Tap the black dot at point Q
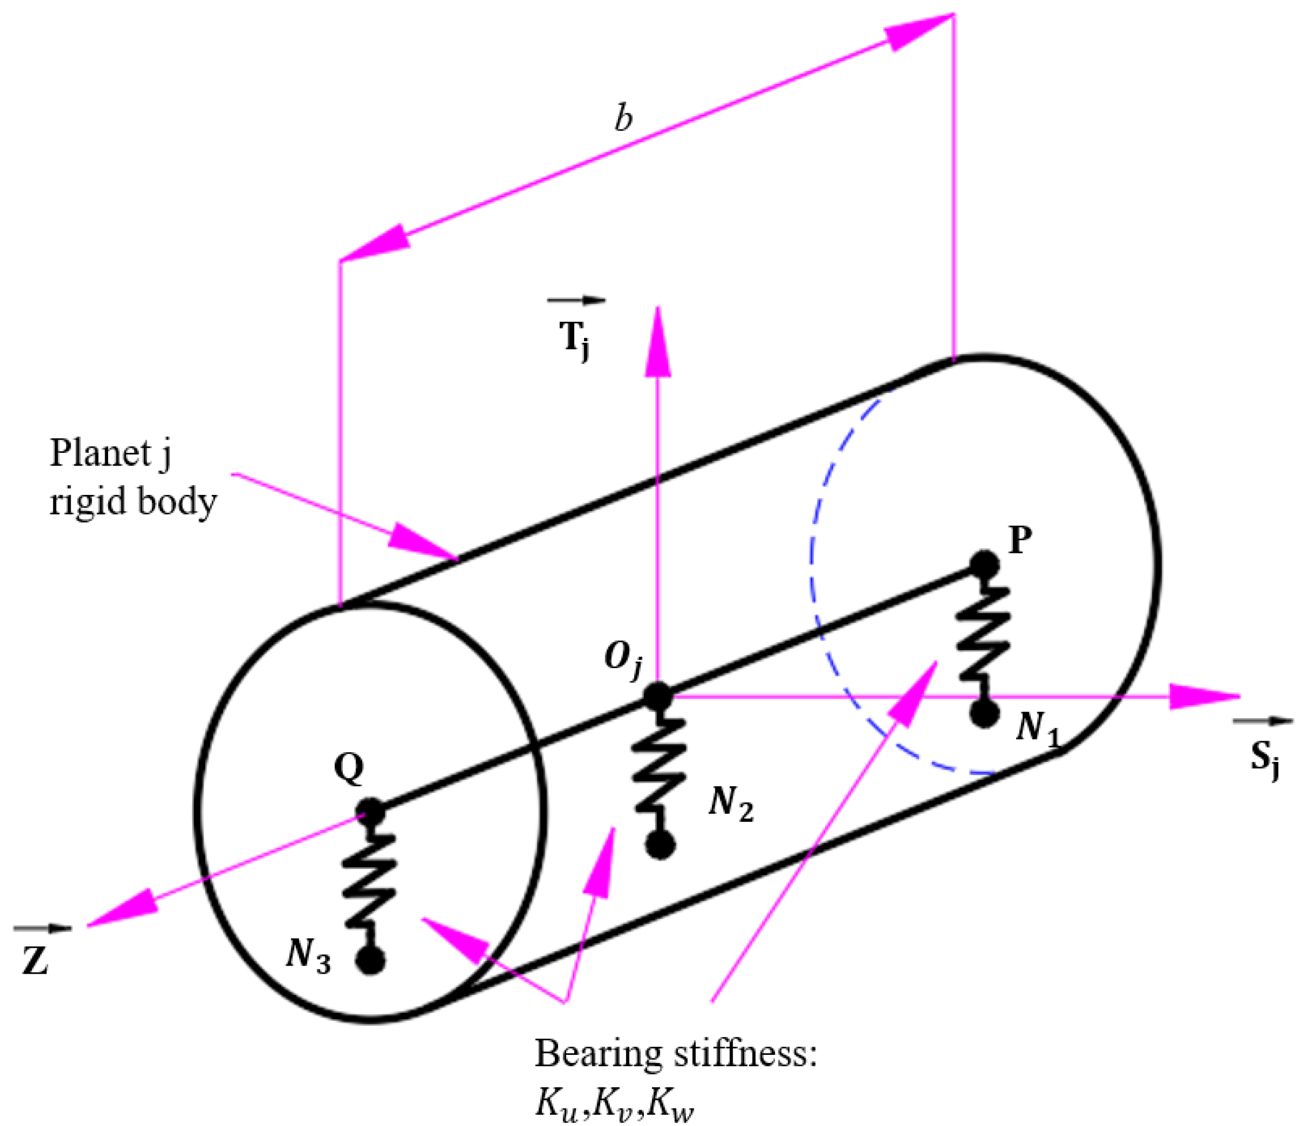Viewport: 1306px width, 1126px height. coord(370,812)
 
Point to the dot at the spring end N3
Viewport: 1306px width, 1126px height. coord(371,961)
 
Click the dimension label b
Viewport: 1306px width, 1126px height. coord(623,118)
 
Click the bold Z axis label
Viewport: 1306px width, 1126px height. coord(36,962)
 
